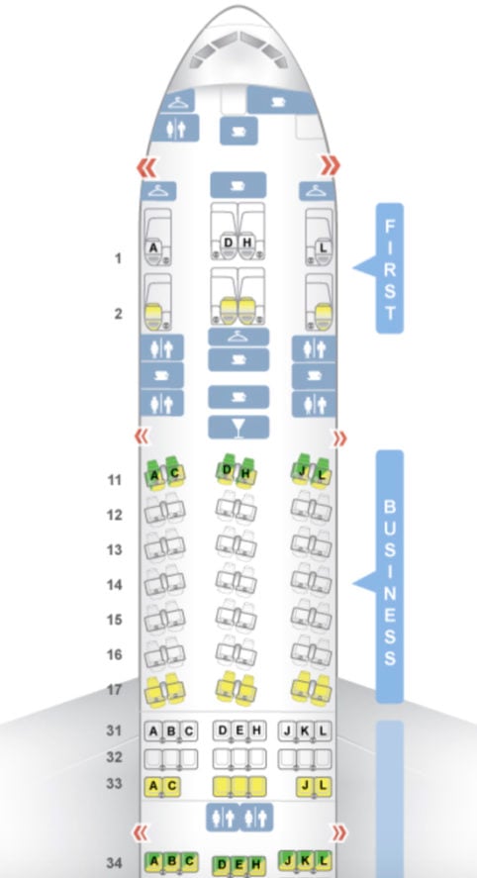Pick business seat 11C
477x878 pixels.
[175, 473]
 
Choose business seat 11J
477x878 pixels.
[302, 472]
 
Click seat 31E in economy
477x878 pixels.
[239, 731]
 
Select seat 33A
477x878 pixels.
[153, 786]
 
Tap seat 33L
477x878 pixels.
[323, 786]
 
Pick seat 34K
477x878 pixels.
[305, 859]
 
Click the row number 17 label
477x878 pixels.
[114, 689]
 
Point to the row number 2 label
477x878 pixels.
[118, 314]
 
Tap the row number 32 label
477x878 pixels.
[114, 757]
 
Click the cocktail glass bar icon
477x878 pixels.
[238, 428]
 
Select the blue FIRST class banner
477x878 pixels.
[390, 268]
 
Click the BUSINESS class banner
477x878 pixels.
[390, 577]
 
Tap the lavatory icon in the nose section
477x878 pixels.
[176, 129]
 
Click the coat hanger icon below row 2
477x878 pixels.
[238, 337]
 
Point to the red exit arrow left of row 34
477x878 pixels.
[142, 832]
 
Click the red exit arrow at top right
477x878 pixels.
[331, 165]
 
